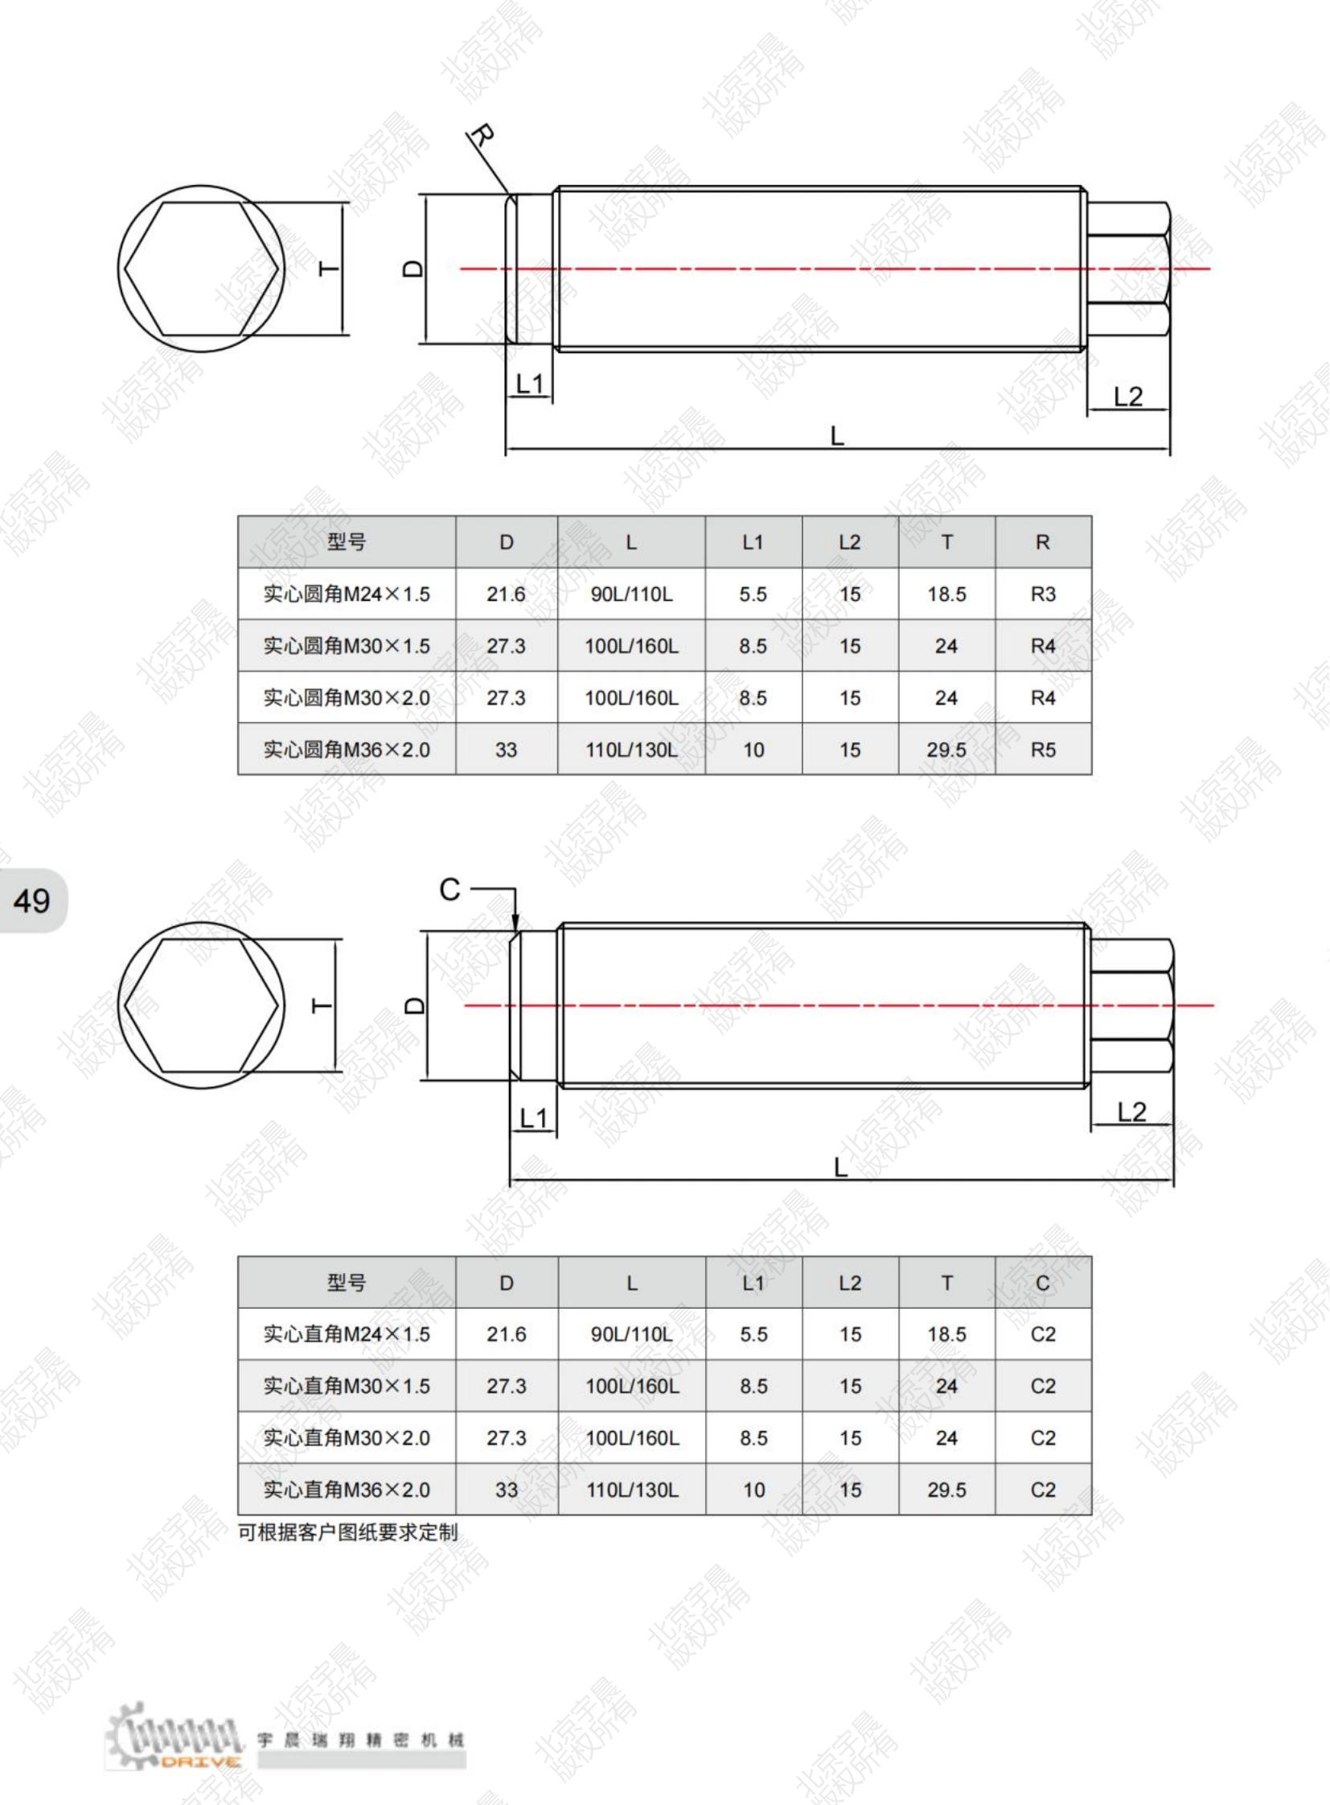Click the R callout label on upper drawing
pyautogui.click(x=482, y=135)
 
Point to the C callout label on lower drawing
pyautogui.click(x=450, y=890)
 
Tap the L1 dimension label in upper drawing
pyautogui.click(x=529, y=384)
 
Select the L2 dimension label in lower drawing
pyautogui.click(x=1131, y=1112)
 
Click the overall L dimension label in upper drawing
pyautogui.click(x=837, y=437)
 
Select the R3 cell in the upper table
pyautogui.click(x=1043, y=594)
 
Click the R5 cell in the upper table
pyautogui.click(x=1043, y=750)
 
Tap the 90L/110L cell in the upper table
pyautogui.click(x=631, y=594)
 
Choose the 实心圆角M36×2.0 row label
pyautogui.click(x=347, y=750)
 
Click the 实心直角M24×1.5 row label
pyautogui.click(x=347, y=1334)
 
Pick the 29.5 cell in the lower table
pyautogui.click(x=946, y=1490)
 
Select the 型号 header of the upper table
pyautogui.click(x=347, y=542)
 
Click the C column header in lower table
pyautogui.click(x=1043, y=1283)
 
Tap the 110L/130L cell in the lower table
pyautogui.click(x=632, y=1490)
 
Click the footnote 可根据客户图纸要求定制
pyautogui.click(x=348, y=1532)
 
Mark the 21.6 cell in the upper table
pyautogui.click(x=506, y=594)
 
